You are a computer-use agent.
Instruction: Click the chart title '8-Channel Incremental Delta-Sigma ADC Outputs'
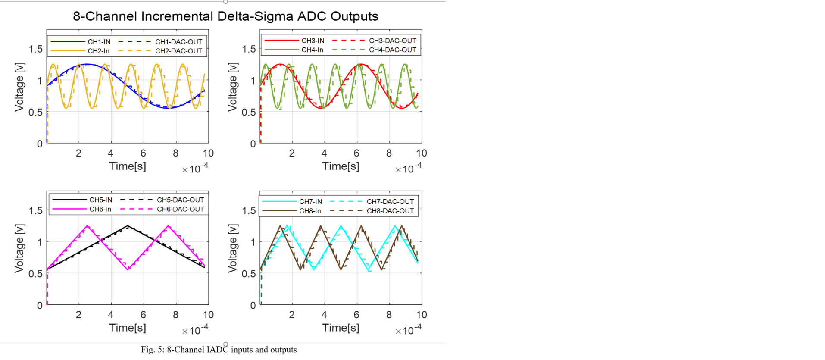click(225, 16)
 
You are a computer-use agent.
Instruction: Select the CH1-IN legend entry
click(99, 42)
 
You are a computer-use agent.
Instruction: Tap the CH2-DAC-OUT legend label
click(178, 51)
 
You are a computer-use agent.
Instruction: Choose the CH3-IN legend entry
click(313, 41)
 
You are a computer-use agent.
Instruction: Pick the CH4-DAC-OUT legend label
click(392, 50)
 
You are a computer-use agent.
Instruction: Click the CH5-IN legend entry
click(101, 200)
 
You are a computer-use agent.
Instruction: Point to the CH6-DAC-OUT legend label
click(180, 209)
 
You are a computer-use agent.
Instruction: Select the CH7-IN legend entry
click(310, 201)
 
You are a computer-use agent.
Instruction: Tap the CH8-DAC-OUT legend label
click(390, 211)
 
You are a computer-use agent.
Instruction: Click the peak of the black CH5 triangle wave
click(128, 225)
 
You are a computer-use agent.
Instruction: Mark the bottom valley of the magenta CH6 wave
click(128, 269)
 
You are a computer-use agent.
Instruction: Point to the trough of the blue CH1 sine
click(168, 108)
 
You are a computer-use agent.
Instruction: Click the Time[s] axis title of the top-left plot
click(128, 166)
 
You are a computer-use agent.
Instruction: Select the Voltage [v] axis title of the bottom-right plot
click(232, 248)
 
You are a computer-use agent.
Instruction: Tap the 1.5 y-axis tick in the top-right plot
click(249, 49)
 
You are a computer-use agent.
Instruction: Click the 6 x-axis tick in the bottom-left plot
click(143, 315)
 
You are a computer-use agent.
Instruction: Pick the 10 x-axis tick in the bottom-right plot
click(421, 315)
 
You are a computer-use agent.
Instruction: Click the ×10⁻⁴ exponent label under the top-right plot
click(409, 169)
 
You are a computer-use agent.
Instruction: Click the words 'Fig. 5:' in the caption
click(153, 350)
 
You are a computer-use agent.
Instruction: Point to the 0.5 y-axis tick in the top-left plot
click(35, 112)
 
